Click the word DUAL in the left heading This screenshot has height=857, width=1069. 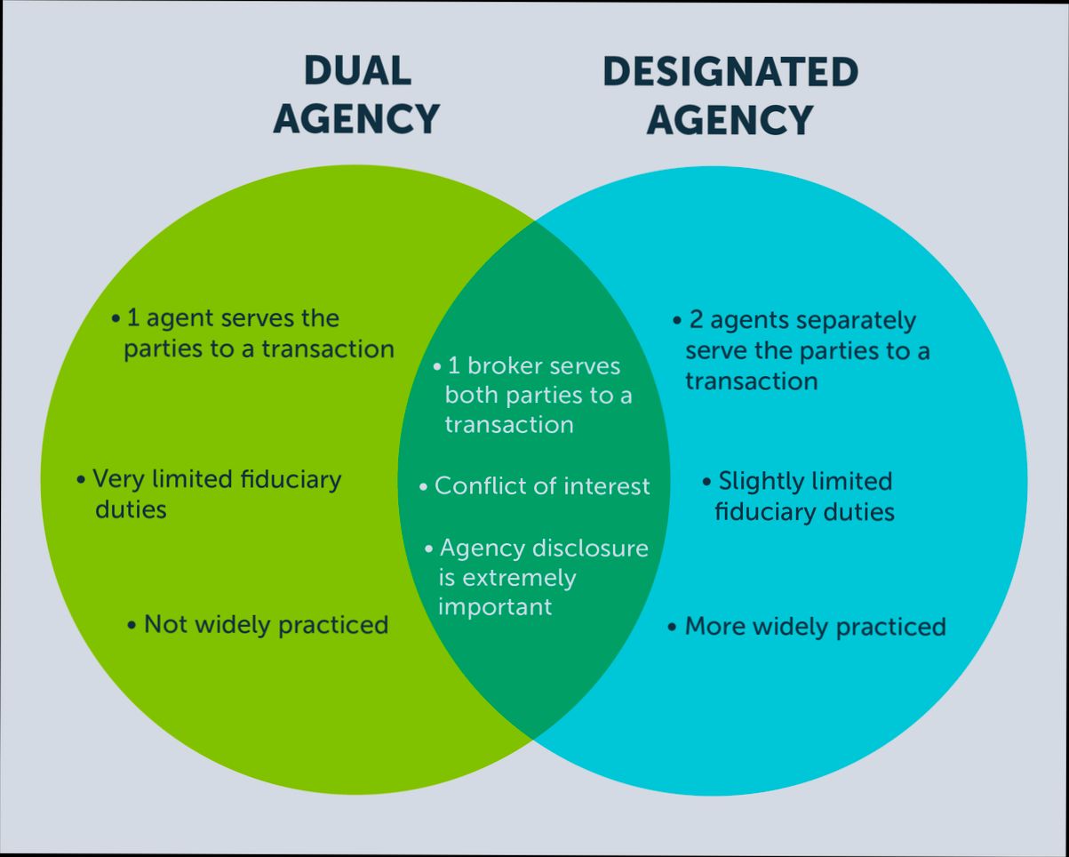pyautogui.click(x=357, y=71)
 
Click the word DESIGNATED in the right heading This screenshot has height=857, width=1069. pyautogui.click(x=730, y=72)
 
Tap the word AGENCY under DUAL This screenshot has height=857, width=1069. pyautogui.click(x=356, y=118)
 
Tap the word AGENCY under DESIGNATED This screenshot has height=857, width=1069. pyautogui.click(x=730, y=120)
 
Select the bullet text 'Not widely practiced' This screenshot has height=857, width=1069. pyautogui.click(x=266, y=624)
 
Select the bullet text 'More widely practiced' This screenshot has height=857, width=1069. pyautogui.click(x=815, y=627)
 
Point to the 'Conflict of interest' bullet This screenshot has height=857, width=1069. pyautogui.click(x=542, y=486)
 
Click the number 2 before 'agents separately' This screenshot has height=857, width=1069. pyautogui.click(x=697, y=320)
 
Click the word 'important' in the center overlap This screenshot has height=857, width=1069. pyautogui.click(x=495, y=607)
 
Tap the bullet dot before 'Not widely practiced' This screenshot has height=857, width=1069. pyautogui.click(x=132, y=625)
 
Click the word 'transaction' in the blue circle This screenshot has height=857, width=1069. pyautogui.click(x=751, y=381)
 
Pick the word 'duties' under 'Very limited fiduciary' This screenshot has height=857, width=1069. pyautogui.click(x=131, y=509)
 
